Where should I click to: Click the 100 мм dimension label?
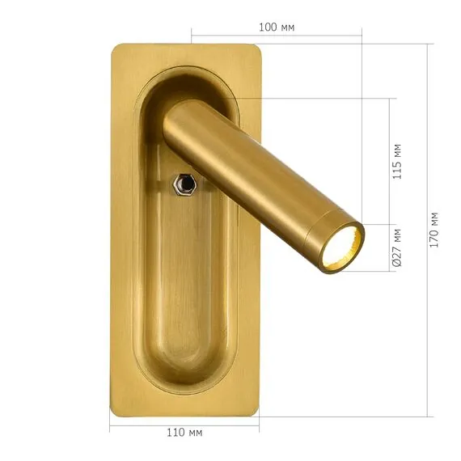click(x=277, y=27)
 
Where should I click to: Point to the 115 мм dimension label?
click(x=397, y=161)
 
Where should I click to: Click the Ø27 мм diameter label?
click(x=397, y=247)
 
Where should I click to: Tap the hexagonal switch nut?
click(x=185, y=185)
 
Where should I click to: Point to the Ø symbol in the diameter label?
click(x=397, y=263)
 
